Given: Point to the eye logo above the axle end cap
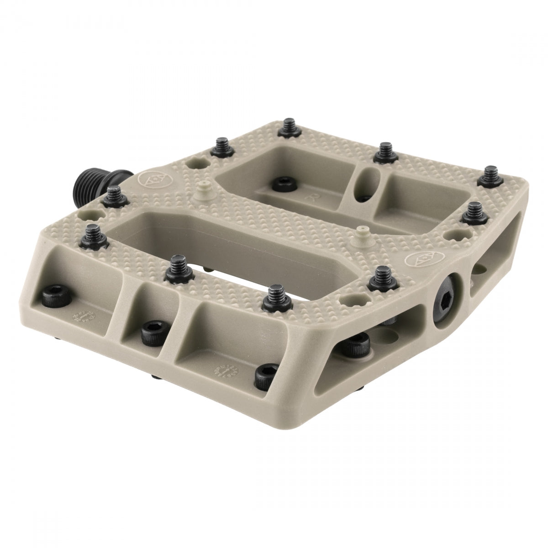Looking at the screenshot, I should pos(415,261).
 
